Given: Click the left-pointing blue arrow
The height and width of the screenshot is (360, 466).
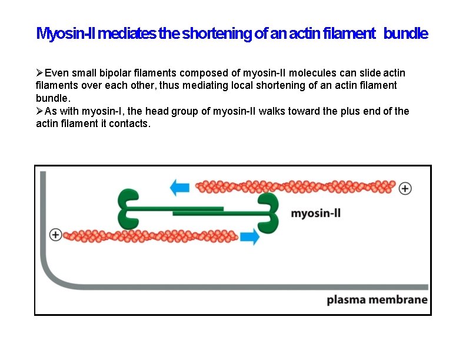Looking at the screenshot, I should [x=179, y=188].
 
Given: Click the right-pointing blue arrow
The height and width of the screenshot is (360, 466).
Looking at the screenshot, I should [x=250, y=237].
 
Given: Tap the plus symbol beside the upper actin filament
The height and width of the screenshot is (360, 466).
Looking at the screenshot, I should [x=405, y=189].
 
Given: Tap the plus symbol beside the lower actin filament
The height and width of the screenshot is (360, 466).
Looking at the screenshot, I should [x=55, y=234].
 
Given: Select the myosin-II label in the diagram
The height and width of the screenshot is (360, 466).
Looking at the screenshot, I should [x=315, y=213].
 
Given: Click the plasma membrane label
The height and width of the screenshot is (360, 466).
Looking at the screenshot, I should [x=377, y=299].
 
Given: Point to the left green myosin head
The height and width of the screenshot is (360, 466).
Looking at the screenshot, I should [x=129, y=209].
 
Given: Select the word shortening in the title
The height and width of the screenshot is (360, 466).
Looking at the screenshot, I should [x=217, y=34].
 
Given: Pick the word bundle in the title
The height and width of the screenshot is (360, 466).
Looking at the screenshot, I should [x=405, y=34].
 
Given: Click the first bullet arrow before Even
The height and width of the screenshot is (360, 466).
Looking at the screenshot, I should [x=40, y=73].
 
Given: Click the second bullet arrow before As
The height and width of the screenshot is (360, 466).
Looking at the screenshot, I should [x=40, y=111].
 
